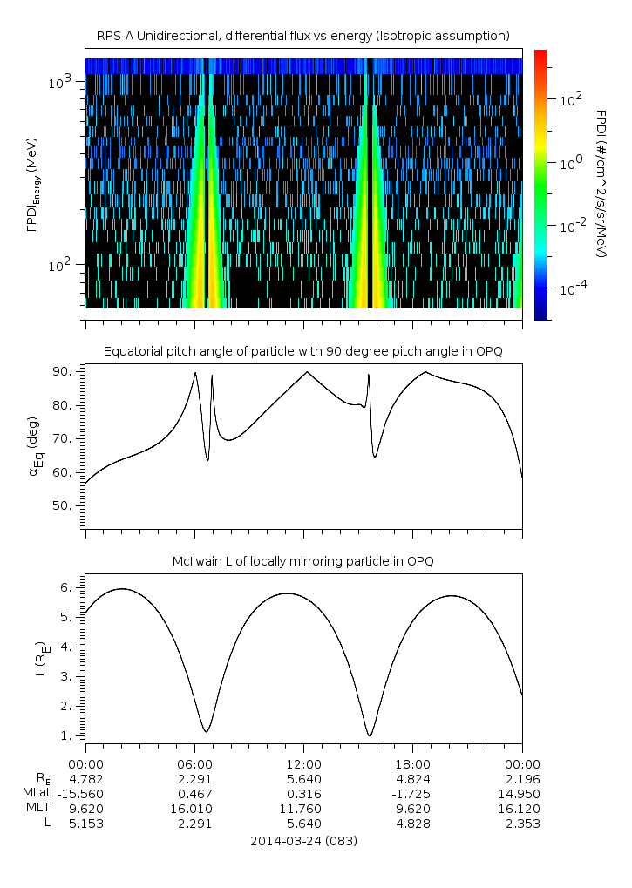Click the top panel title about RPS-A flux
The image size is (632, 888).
pos(302,35)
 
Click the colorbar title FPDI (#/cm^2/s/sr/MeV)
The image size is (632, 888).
pos(601,183)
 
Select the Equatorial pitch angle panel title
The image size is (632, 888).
pos(302,351)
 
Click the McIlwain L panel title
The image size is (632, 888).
pos(302,561)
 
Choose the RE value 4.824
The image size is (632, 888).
pos(412,777)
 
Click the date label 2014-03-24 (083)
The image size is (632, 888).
pos(302,841)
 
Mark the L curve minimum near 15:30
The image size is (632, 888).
pos(370,735)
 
